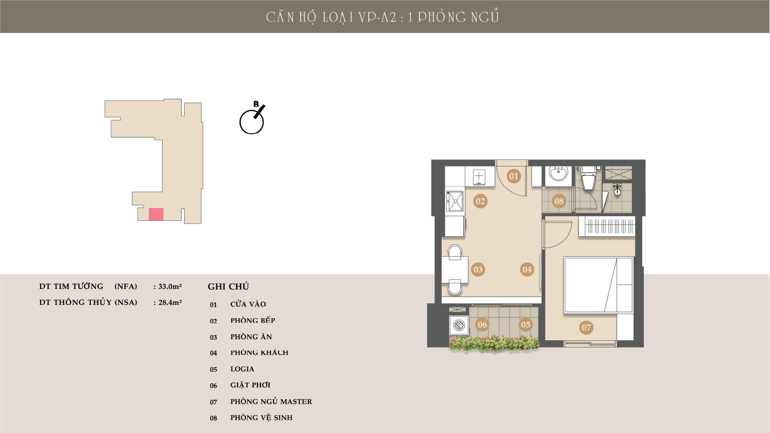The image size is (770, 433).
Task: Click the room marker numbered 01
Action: (x=514, y=176)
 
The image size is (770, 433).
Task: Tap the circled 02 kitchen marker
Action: (x=480, y=201)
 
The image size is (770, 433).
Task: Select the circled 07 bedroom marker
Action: (x=586, y=327)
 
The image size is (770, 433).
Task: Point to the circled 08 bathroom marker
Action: (x=559, y=201)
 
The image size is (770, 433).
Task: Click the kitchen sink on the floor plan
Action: (x=455, y=201)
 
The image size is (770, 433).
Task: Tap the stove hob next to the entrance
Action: (x=479, y=177)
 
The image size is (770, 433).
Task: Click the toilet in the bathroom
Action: (x=589, y=178)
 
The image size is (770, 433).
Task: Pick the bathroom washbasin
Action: (x=559, y=174)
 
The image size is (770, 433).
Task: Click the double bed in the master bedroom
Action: (x=598, y=285)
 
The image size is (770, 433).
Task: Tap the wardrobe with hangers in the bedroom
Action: (x=607, y=226)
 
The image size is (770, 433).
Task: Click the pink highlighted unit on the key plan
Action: (x=156, y=214)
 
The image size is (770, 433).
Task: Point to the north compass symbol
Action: (x=252, y=118)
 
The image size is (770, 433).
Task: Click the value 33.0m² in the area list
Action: (x=170, y=286)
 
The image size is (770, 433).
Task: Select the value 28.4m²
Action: (x=170, y=302)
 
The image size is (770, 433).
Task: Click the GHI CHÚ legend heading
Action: (x=228, y=287)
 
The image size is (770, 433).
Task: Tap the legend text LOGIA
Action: (x=242, y=369)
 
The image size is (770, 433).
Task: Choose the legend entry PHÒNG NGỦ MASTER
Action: (x=271, y=401)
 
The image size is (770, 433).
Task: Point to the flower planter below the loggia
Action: (x=494, y=343)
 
